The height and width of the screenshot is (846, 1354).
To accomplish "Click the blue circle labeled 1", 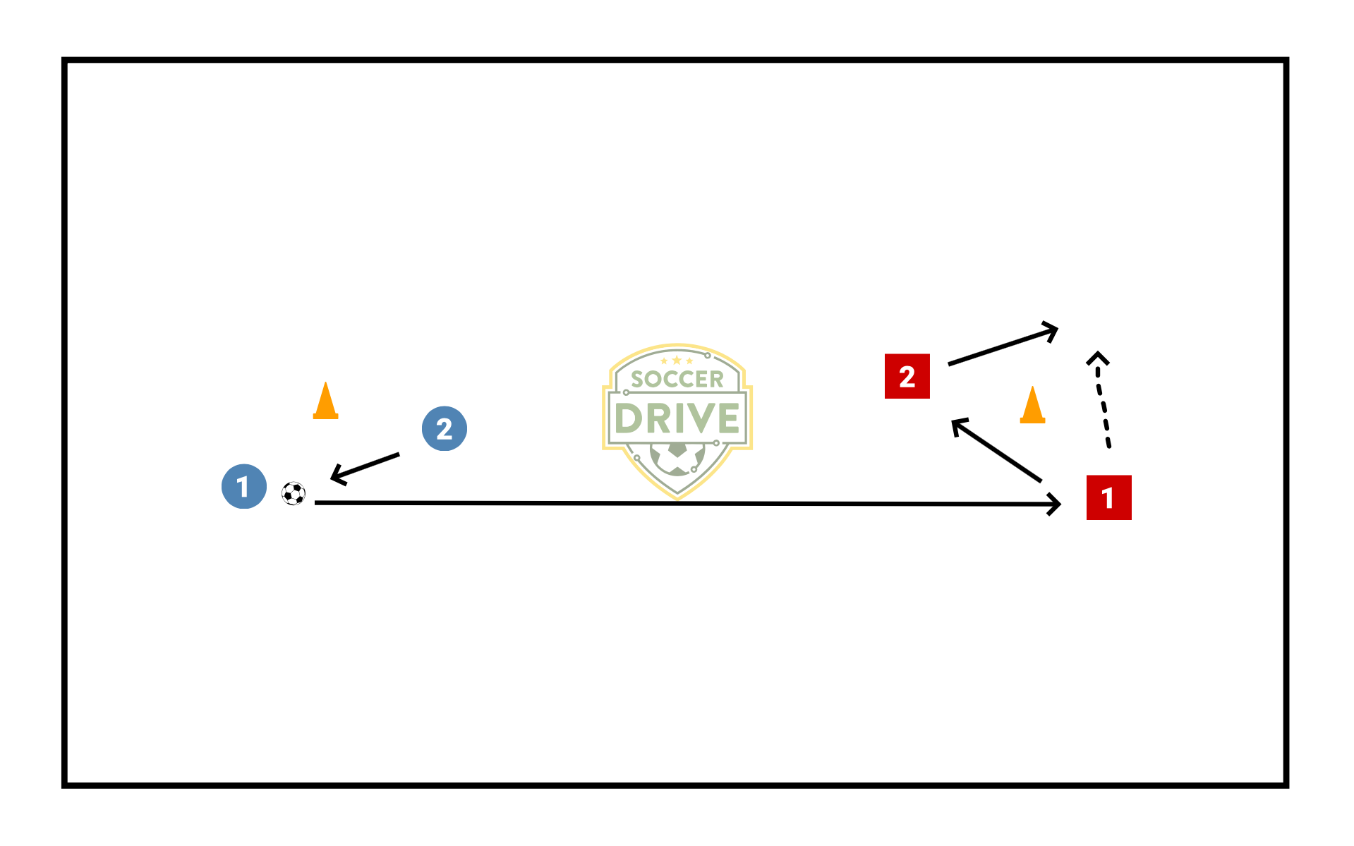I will click(x=243, y=486).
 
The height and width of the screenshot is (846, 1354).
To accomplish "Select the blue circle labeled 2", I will click(x=444, y=428).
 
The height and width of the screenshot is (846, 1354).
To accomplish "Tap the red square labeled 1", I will click(x=1108, y=497).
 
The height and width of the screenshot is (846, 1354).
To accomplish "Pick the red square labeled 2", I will click(x=907, y=376).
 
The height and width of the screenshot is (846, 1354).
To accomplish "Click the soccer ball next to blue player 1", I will click(x=294, y=493).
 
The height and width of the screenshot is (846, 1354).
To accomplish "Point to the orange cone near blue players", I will click(x=325, y=401).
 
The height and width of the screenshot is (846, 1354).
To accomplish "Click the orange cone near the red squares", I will click(x=1032, y=406).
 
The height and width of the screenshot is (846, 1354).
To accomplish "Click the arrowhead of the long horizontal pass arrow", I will click(x=1056, y=504).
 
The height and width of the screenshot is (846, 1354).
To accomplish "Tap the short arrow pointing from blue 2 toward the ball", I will click(x=365, y=466).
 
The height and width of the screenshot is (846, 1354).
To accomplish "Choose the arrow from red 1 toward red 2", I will click(x=996, y=451).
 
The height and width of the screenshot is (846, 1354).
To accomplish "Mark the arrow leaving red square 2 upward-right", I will click(x=1002, y=346).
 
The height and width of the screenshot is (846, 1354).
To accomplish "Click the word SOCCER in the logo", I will click(x=677, y=380).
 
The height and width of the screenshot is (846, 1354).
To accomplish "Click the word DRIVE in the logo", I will click(x=677, y=418).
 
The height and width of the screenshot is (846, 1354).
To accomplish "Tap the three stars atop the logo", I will click(x=677, y=361).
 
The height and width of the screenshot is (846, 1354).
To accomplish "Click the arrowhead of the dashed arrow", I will click(x=1097, y=358).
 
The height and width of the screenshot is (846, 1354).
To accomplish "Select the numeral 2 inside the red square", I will click(x=907, y=377).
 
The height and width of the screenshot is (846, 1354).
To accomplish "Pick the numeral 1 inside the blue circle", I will click(x=243, y=487).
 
